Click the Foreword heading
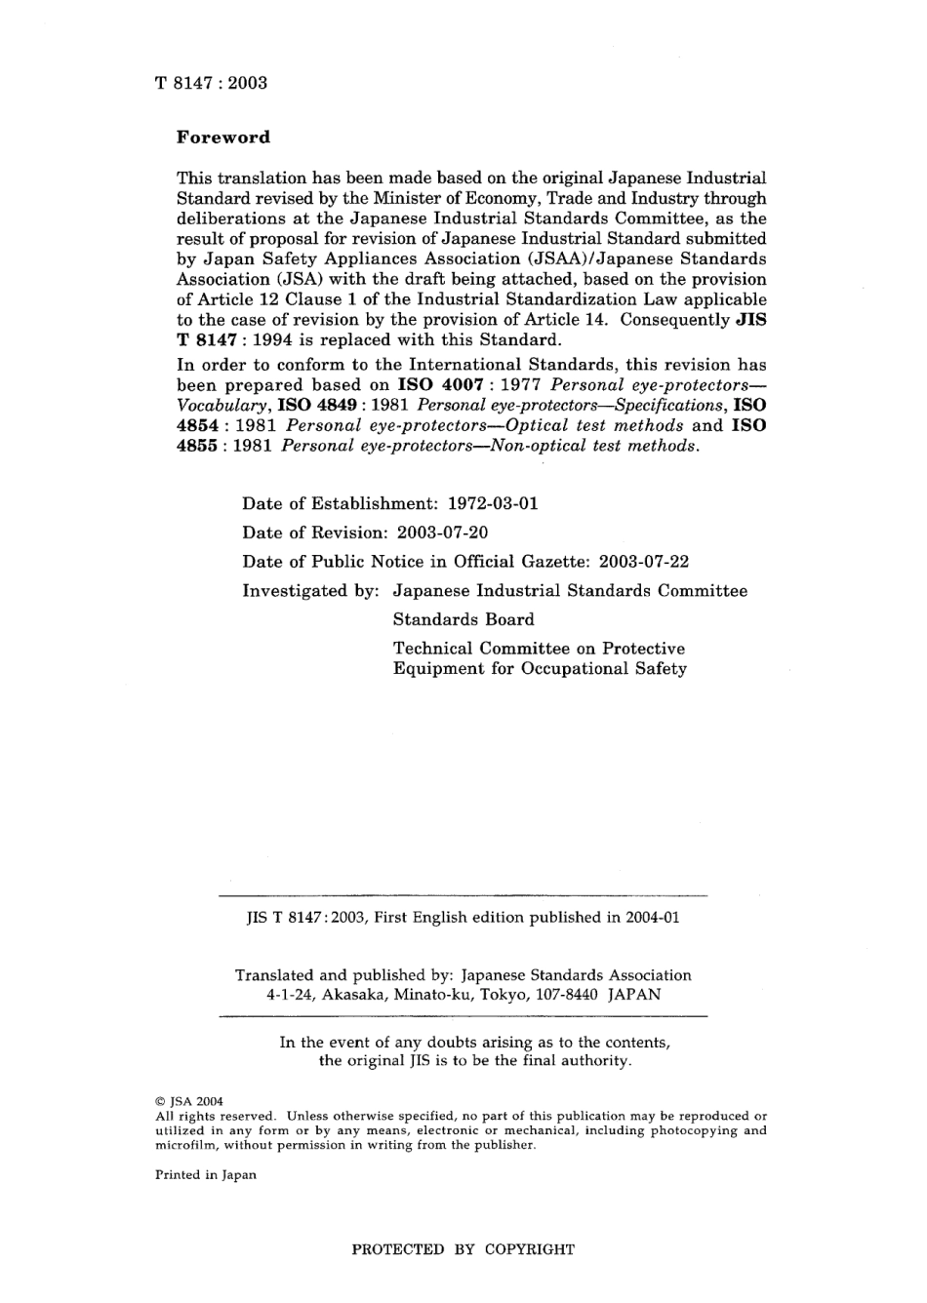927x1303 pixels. click(223, 138)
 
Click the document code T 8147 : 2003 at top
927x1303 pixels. click(211, 83)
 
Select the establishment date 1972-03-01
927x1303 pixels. click(493, 503)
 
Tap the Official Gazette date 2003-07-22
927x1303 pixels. click(643, 562)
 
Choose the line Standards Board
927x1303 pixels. click(463, 620)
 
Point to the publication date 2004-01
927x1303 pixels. click(649, 918)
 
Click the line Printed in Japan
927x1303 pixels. click(206, 1175)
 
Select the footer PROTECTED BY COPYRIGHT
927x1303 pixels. click(463, 1249)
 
